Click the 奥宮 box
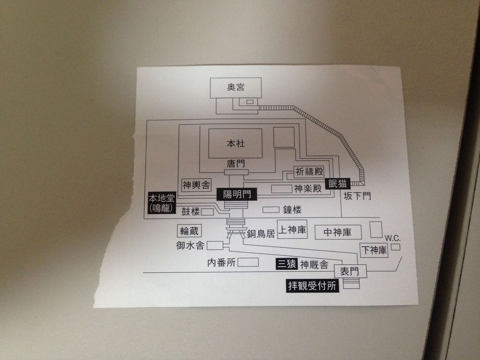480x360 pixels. [x=236, y=87]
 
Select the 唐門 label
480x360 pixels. [x=236, y=164]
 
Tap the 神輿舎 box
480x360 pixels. [x=196, y=185]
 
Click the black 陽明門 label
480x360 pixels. [x=237, y=194]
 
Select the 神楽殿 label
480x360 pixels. [x=308, y=189]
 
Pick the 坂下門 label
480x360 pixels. [x=357, y=196]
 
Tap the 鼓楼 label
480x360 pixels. [x=191, y=212]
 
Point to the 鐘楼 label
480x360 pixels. [x=292, y=210]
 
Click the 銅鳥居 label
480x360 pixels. [x=261, y=233]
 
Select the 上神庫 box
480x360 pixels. [x=292, y=230]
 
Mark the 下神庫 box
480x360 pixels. [x=374, y=250]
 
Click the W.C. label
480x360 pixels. [x=393, y=238]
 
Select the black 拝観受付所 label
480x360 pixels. [x=313, y=286]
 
